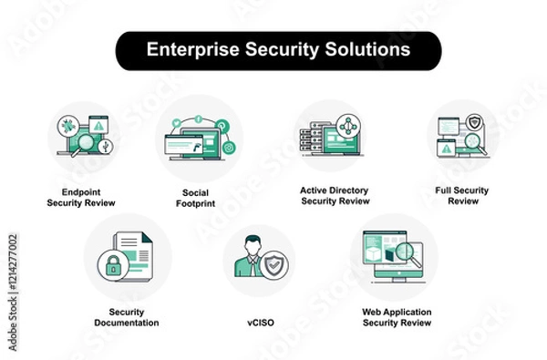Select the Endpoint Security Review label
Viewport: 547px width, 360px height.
pos(81,197)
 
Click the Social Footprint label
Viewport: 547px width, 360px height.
pos(196,197)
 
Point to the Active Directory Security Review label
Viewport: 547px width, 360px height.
pos(335,196)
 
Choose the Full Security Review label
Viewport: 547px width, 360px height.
pos(463,195)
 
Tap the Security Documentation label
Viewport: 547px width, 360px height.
pos(127,317)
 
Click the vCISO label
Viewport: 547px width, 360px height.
pos(259,322)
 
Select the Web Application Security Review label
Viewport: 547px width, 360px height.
pos(397,317)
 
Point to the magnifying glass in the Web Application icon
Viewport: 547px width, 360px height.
pos(409,251)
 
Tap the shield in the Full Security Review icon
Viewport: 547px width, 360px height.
pos(474,122)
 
